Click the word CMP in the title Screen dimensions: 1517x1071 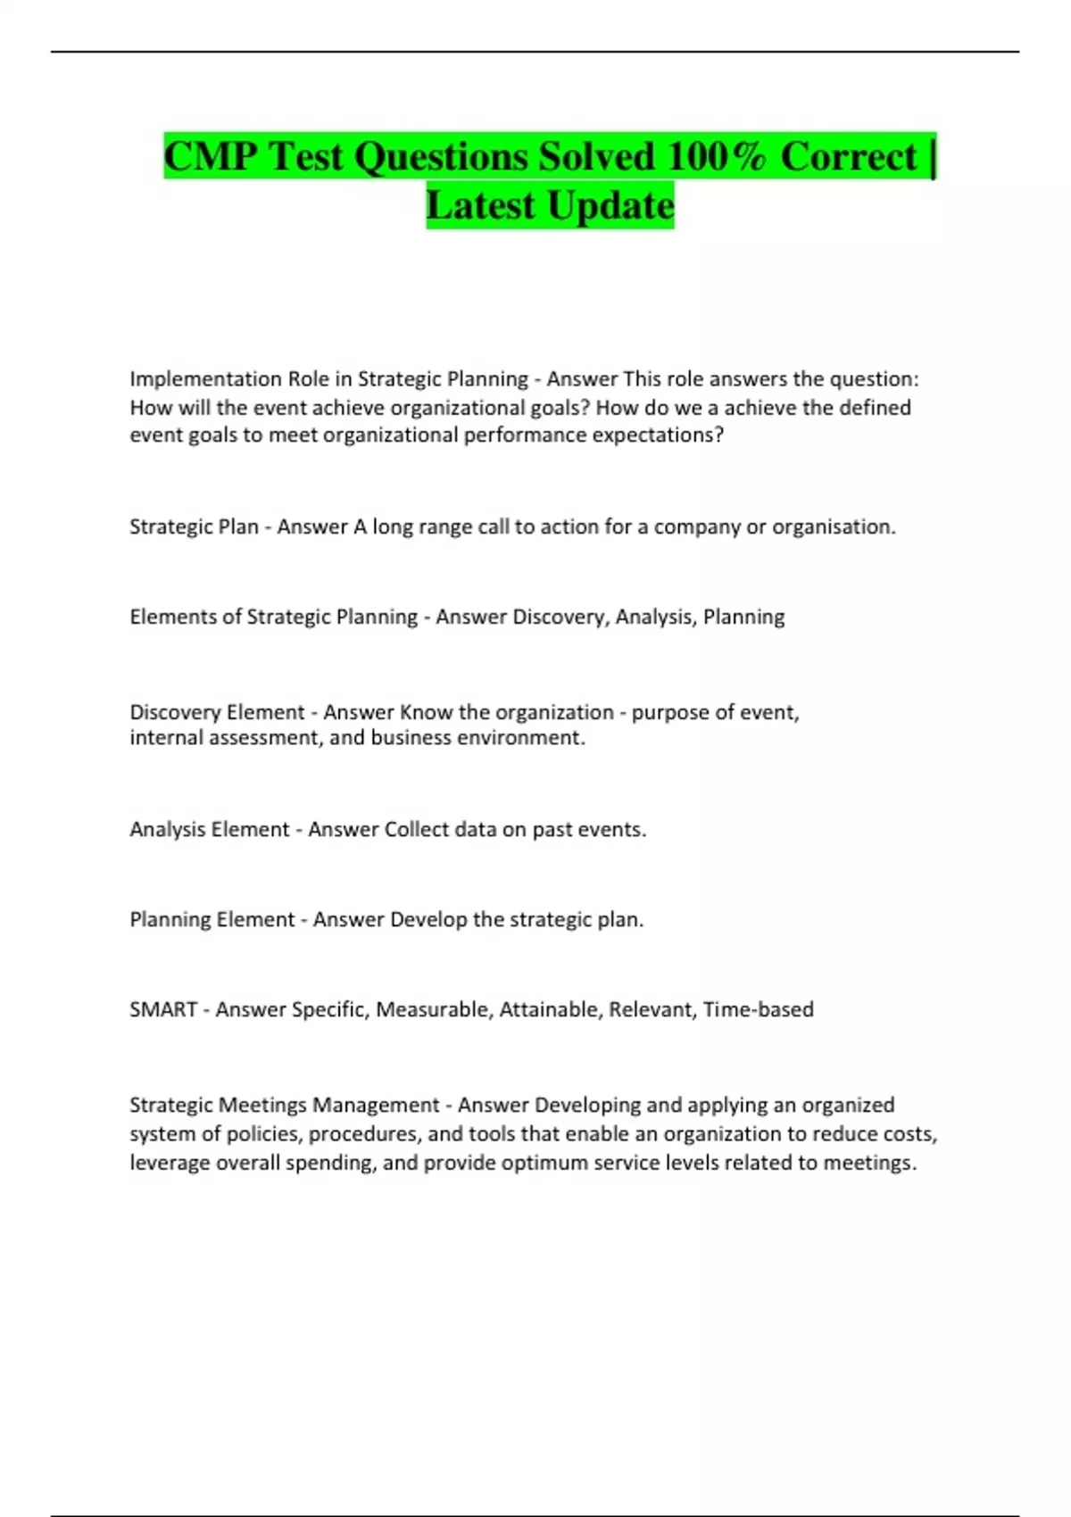[x=211, y=157]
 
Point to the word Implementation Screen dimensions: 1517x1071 [x=205, y=379]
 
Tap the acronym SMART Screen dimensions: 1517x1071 [x=163, y=1010]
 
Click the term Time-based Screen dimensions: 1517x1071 [x=758, y=1010]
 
